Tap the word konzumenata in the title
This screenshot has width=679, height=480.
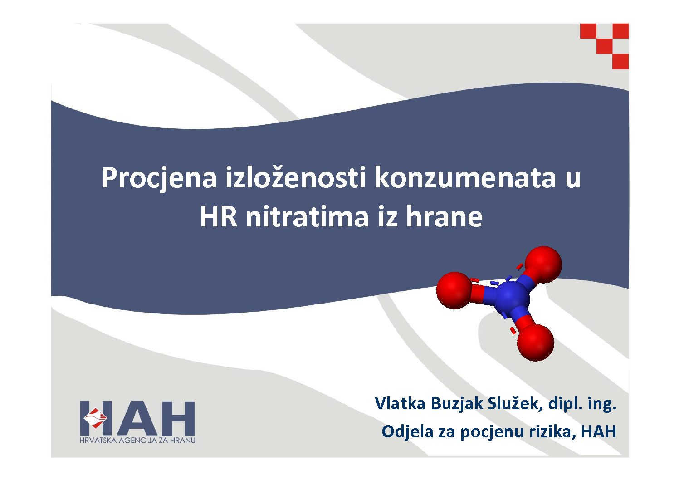(465, 178)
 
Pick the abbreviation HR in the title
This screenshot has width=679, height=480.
(218, 217)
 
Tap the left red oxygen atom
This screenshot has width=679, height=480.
(454, 290)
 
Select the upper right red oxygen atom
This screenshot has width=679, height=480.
(543, 264)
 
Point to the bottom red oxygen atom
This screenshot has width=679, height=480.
(536, 342)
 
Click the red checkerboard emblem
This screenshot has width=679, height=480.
(604, 46)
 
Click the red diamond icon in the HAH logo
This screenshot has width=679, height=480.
(95, 418)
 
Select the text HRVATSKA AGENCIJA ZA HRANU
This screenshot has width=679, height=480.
(137, 440)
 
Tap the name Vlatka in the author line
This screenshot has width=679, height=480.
(400, 404)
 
